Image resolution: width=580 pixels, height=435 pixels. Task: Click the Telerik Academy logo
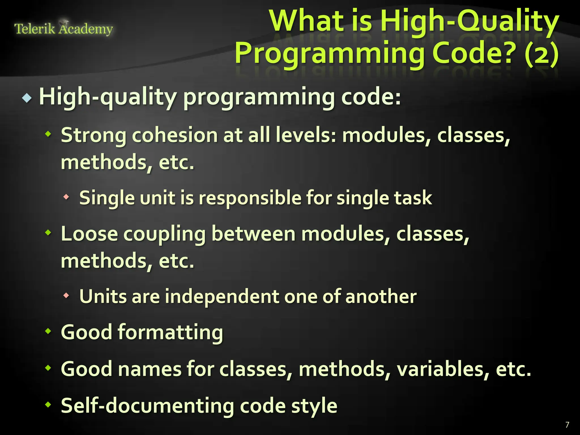pyautogui.click(x=63, y=29)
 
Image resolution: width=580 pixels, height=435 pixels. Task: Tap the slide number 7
pyautogui.click(x=567, y=425)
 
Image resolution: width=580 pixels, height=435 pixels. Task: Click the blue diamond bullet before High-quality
pyautogui.click(x=27, y=98)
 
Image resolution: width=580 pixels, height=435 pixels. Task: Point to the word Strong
pyautogui.click(x=94, y=135)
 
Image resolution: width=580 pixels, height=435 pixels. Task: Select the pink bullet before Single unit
pyautogui.click(x=66, y=197)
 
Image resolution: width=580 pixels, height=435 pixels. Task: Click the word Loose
pyautogui.click(x=89, y=234)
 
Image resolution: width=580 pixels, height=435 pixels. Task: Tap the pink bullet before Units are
pyautogui.click(x=66, y=295)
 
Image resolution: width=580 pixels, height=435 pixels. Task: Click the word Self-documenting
pyautogui.click(x=148, y=406)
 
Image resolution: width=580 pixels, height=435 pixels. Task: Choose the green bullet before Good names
pyautogui.click(x=48, y=368)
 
